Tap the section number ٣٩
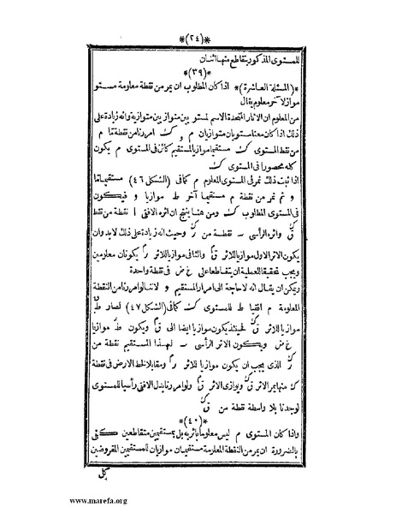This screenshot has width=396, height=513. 199,73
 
